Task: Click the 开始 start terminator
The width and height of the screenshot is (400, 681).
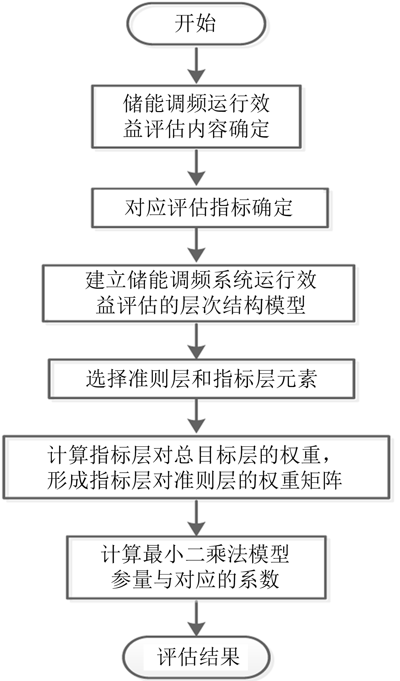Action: (x=196, y=24)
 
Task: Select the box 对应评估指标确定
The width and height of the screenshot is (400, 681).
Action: (x=210, y=208)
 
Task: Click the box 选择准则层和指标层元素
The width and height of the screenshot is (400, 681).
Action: (x=202, y=379)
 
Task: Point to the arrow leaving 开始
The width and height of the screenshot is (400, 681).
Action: (x=196, y=64)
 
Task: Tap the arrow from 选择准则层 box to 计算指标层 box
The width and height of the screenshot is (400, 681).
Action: (x=196, y=417)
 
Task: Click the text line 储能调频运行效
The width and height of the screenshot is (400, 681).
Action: (x=196, y=104)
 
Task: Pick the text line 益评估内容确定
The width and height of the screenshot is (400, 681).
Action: (x=196, y=129)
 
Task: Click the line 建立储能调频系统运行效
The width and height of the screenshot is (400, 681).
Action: (x=201, y=280)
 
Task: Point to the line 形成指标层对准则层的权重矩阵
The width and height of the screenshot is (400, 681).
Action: (x=194, y=480)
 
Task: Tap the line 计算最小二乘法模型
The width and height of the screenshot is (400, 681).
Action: (x=195, y=554)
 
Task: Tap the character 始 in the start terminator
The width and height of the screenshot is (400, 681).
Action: (x=206, y=24)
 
